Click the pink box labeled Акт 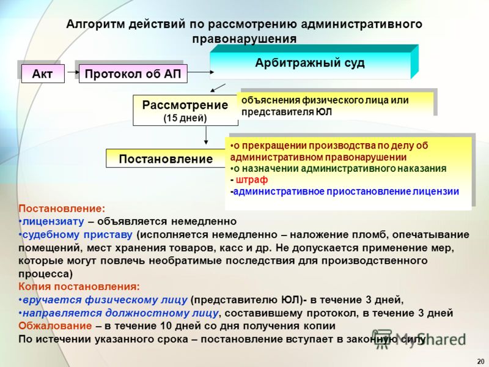(x=43, y=73)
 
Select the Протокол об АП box (x=133, y=73)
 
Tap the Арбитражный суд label (x=310, y=63)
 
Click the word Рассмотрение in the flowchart (x=185, y=105)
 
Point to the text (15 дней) (x=185, y=118)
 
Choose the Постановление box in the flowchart (x=166, y=158)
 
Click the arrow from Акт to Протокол (x=73, y=72)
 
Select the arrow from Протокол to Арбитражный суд (x=200, y=72)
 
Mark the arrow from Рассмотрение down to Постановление (x=206, y=135)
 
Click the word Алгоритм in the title (x=95, y=24)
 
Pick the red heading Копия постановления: (x=79, y=286)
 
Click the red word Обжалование (x=55, y=326)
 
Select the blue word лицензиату (x=53, y=221)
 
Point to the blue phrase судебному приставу (x=78, y=234)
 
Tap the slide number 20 (x=480, y=360)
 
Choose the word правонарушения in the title (x=244, y=39)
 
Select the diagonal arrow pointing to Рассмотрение (x=218, y=87)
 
